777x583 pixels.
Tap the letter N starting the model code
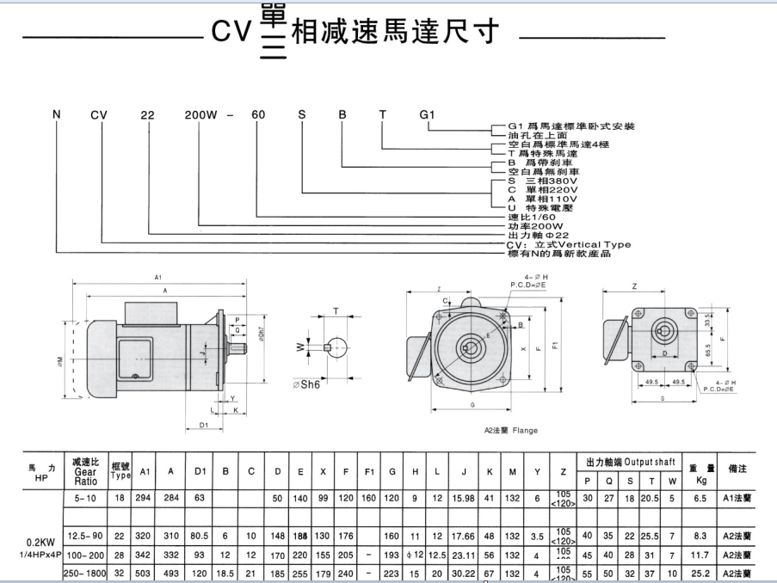pos(58,114)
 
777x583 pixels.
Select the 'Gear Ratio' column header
pos(85,471)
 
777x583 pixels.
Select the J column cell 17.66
pos(463,535)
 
